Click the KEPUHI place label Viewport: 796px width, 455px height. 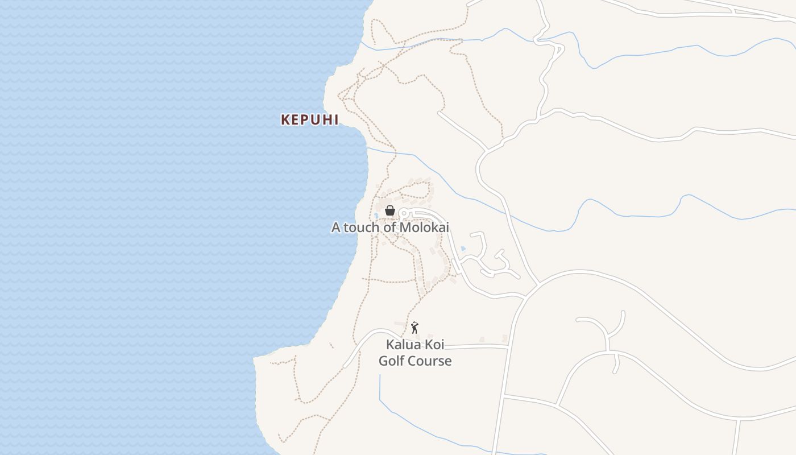pos(310,119)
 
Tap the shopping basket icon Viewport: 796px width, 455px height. pos(390,210)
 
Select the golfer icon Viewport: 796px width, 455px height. pos(414,328)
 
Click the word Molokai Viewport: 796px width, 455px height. pos(424,227)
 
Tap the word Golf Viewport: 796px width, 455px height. pos(391,361)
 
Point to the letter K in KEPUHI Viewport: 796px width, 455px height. pos(285,119)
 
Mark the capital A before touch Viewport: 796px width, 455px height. pos(335,227)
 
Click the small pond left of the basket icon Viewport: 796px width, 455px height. pos(376,216)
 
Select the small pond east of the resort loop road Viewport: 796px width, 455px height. pos(463,249)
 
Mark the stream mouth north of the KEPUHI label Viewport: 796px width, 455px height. pos(362,43)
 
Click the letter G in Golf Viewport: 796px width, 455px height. pos(384,361)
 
